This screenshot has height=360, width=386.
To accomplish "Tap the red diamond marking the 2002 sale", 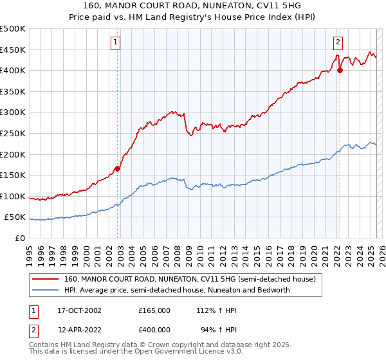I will (118, 169).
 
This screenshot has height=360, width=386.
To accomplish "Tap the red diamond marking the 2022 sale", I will (340, 71).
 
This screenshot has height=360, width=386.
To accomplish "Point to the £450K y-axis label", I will (13, 50).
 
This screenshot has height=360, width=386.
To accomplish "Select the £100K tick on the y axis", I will (13, 196).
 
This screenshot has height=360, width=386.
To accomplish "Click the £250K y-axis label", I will (13, 133).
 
